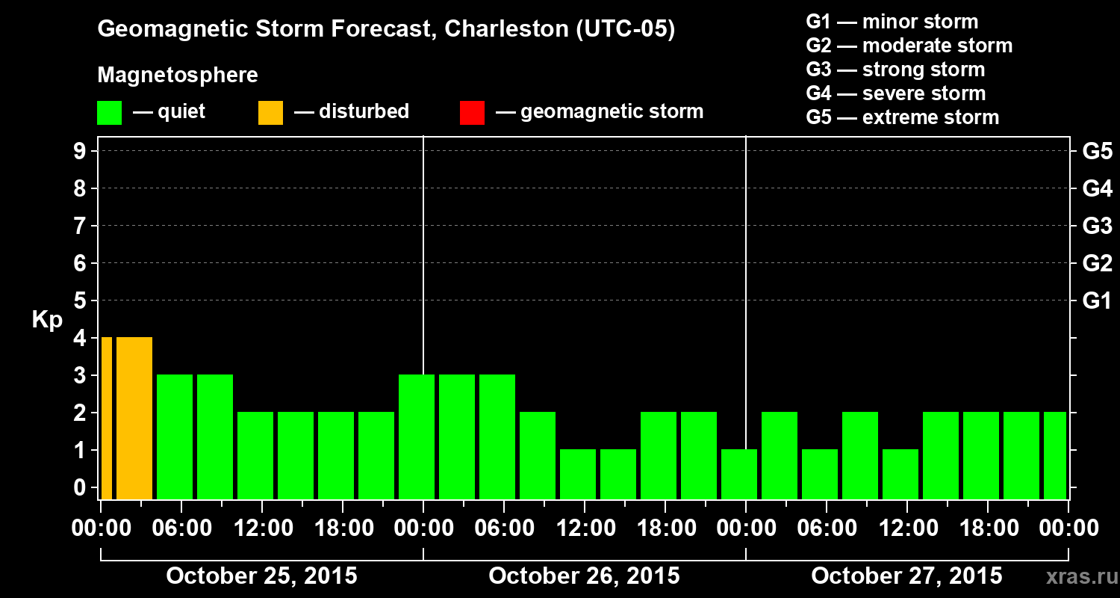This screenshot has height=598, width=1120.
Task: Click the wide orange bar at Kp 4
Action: pos(134,418)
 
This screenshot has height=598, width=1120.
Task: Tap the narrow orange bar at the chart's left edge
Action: pos(106,418)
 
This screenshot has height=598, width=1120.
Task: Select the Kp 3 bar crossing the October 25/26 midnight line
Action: pos(417,437)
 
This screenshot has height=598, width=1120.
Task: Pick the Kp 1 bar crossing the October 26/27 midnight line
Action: pos(739,474)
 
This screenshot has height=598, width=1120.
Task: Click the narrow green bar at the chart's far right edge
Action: pos(1055,455)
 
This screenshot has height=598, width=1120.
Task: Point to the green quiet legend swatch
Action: pos(109,113)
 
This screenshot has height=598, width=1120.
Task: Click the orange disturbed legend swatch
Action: pos(270,113)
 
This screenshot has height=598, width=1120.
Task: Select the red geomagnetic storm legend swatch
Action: pos(472,113)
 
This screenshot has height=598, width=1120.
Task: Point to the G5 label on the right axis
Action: pos(1097,152)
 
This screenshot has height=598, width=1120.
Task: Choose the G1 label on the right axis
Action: pos(1097,301)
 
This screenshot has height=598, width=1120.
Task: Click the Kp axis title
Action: pos(47,320)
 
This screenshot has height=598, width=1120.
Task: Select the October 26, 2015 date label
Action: pos(584,576)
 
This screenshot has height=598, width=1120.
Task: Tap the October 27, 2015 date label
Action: pos(906,576)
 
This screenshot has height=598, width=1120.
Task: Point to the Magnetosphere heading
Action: pos(178,75)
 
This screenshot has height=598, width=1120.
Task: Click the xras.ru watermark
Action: pos(1077,576)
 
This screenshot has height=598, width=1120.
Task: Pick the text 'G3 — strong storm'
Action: pos(895,70)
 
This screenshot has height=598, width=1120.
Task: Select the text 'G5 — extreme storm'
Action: pos(902,117)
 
